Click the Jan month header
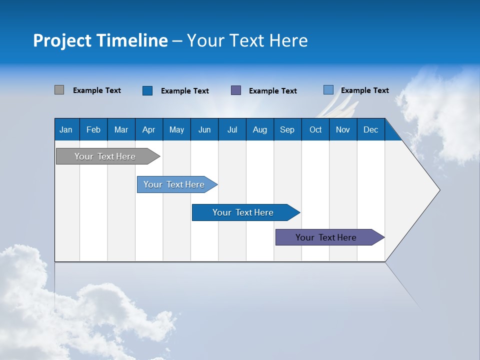coord(66,129)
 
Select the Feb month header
coord(93,129)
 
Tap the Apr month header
coord(149,129)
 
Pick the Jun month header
coord(204,129)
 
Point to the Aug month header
coord(260,129)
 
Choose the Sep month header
coord(287,129)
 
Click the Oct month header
coord(315,129)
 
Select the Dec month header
coord(371,129)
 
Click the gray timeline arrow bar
coord(105,156)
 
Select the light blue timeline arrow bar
coord(174,184)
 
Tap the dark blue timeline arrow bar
coord(243,212)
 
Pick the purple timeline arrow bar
coord(326,237)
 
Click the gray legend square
coord(59,90)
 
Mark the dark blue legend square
coord(147,90)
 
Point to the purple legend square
coord(236,90)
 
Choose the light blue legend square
coord(328,90)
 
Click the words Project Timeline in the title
coord(100,40)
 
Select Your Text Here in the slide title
coord(247,40)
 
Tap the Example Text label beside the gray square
coord(97,90)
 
